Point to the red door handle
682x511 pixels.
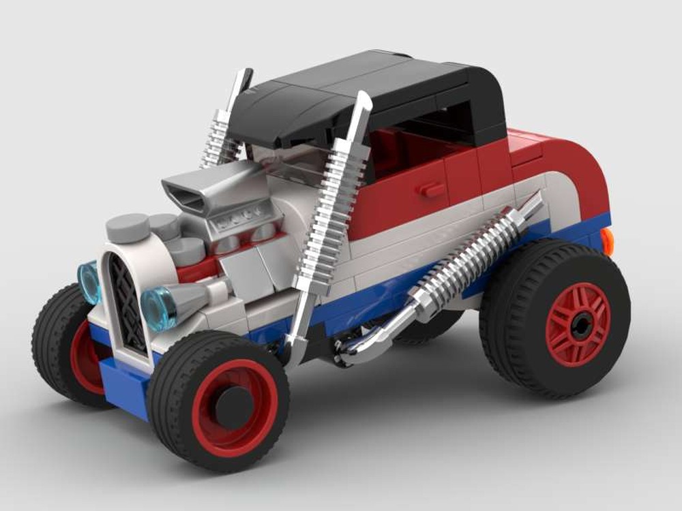point(432,189)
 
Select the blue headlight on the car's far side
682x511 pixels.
point(89,281)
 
